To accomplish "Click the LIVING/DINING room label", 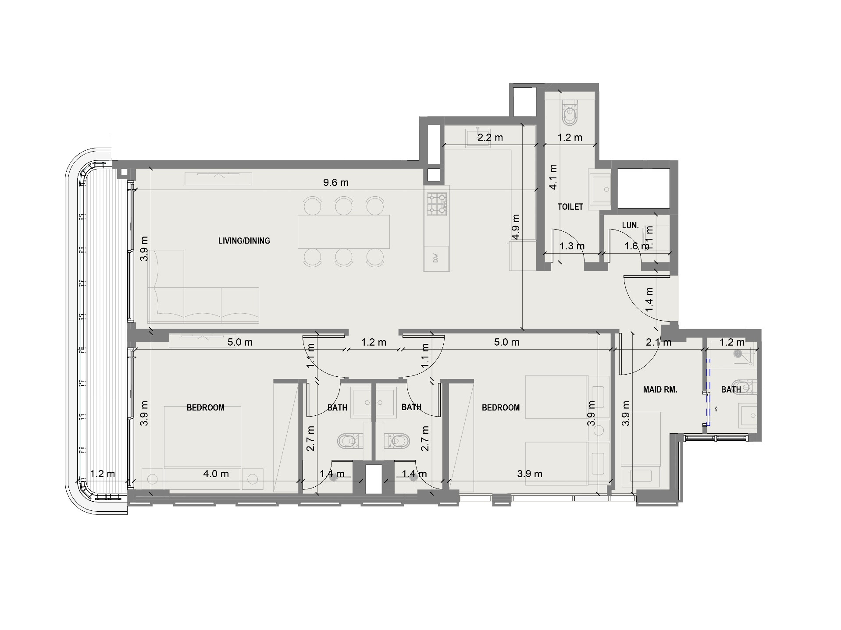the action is pos(244,241).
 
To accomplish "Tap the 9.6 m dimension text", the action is pos(336,182).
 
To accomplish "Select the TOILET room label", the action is pos(570,206).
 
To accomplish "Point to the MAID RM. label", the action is pos(660,389).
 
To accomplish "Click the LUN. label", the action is pos(630,225).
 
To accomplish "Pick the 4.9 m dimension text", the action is pos(516,227).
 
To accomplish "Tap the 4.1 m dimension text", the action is pos(553,177).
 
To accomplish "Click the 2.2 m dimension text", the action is pos(490,138).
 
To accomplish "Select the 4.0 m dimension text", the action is pos(216,474).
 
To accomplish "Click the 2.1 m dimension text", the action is pos(659,342).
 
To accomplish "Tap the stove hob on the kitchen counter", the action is pos(437,204).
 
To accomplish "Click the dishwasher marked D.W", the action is pos(436,258).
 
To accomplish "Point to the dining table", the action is pos(344,231).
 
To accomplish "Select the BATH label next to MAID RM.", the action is pos(731,389).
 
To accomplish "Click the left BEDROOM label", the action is pos(206,407).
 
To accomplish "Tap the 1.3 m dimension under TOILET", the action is pos(572,246).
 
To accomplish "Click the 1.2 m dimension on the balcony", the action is pos(103,474).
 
